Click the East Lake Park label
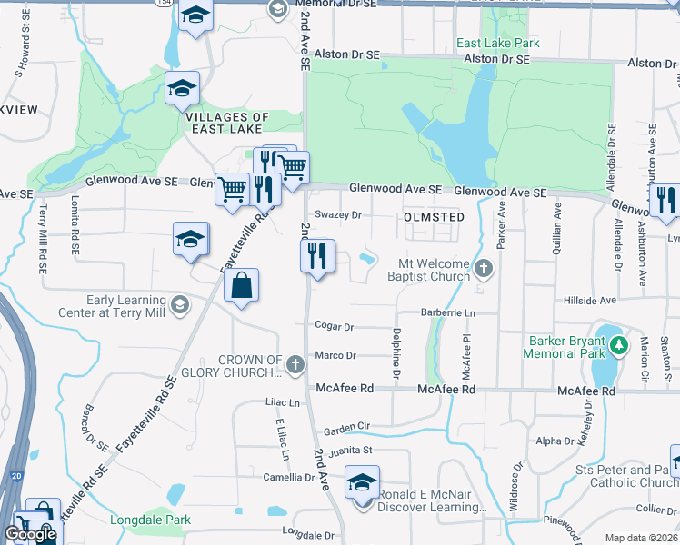tap(498, 43)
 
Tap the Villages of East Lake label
tap(227, 123)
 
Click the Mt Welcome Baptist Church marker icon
tap(484, 268)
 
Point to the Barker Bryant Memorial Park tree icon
tap(619, 344)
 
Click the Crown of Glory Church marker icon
tap(295, 365)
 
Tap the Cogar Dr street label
tap(334, 325)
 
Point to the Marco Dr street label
tap(335, 355)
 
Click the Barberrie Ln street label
tap(448, 312)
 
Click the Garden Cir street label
tap(346, 426)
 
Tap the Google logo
tap(30, 534)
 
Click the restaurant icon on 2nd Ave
tap(318, 256)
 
